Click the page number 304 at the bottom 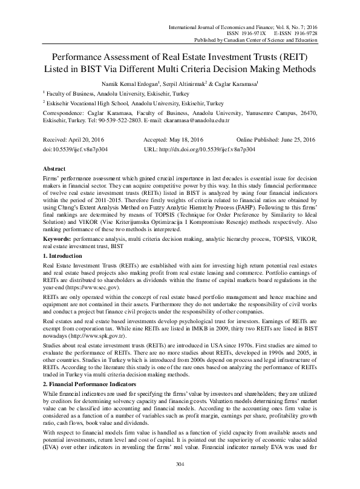click(180, 481)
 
